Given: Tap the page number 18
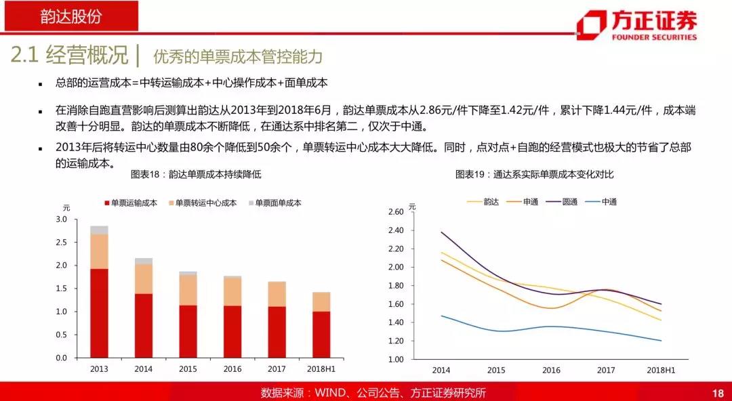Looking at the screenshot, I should [x=719, y=393].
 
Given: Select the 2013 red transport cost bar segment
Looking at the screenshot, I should [x=99, y=313].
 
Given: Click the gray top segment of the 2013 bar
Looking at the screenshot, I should [x=99, y=230].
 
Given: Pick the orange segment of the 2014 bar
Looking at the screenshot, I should [x=144, y=278].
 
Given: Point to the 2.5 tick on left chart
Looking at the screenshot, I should [x=62, y=242].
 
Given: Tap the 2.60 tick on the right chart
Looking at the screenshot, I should [x=396, y=212].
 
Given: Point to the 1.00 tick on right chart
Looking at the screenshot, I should [x=396, y=359].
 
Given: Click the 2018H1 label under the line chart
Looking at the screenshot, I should [x=660, y=371].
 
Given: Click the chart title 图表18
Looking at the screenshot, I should [x=196, y=174].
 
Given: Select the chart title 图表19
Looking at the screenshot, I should [x=534, y=174].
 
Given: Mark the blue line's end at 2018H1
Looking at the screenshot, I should [x=660, y=341].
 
